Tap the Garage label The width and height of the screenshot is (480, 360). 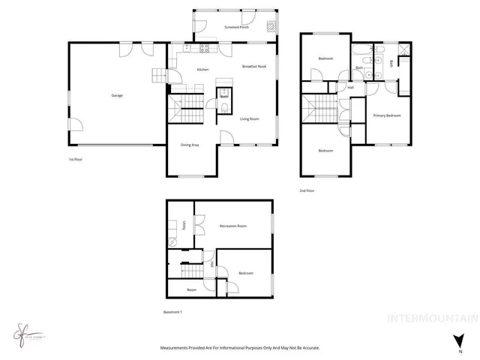point(117,95)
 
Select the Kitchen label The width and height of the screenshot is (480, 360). point(202,70)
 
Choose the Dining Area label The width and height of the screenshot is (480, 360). point(190,145)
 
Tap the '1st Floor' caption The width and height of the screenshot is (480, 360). point(75,160)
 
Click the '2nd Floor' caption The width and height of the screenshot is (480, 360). point(307,190)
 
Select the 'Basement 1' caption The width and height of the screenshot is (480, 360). point(173,312)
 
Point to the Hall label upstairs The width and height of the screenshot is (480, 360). point(350,88)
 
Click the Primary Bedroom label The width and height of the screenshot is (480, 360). point(387,115)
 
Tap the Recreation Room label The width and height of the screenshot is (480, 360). point(233,226)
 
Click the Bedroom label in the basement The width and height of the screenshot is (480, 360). point(246,274)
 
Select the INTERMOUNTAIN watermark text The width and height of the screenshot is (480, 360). point(431,318)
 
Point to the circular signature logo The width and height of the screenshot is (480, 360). point(21,331)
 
